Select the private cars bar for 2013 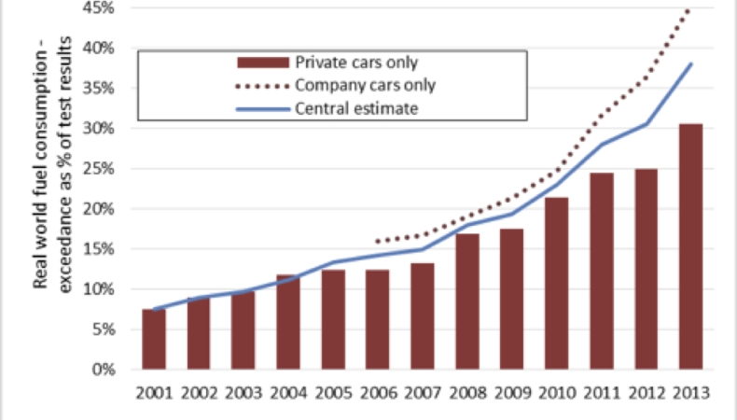click(x=691, y=246)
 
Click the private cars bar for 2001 click(x=154, y=339)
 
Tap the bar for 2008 click(x=467, y=301)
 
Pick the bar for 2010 click(x=557, y=283)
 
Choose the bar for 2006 click(x=378, y=319)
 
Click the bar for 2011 click(x=602, y=271)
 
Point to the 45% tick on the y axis click(x=98, y=8)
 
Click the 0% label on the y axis click(x=104, y=370)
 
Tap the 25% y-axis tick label click(x=98, y=169)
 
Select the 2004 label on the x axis click(x=288, y=393)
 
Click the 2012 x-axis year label click(x=647, y=393)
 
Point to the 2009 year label click(x=512, y=393)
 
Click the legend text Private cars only click(x=356, y=63)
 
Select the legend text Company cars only click(x=365, y=86)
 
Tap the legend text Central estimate click(x=356, y=109)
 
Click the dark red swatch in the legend click(x=263, y=63)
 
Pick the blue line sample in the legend click(x=263, y=109)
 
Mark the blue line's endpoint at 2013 click(x=691, y=64)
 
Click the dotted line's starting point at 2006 click(x=378, y=242)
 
